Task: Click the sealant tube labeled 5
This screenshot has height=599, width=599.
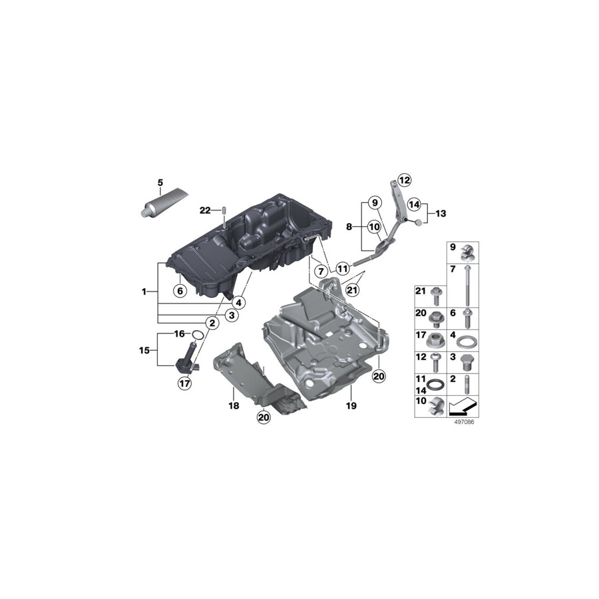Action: pyautogui.click(x=162, y=203)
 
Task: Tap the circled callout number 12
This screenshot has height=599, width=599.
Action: pyautogui.click(x=405, y=180)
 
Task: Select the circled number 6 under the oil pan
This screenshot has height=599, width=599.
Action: pyautogui.click(x=178, y=290)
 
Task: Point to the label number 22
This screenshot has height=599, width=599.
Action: pyautogui.click(x=204, y=210)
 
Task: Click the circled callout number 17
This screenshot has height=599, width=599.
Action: pyautogui.click(x=184, y=383)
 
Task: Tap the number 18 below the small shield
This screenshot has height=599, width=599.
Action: pyautogui.click(x=234, y=405)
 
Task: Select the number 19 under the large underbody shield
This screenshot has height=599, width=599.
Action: pyautogui.click(x=351, y=405)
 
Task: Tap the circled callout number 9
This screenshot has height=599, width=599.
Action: pyautogui.click(x=374, y=202)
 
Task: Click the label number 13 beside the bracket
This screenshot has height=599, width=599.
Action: pyautogui.click(x=441, y=214)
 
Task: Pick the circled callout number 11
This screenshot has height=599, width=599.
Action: pyautogui.click(x=342, y=269)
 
